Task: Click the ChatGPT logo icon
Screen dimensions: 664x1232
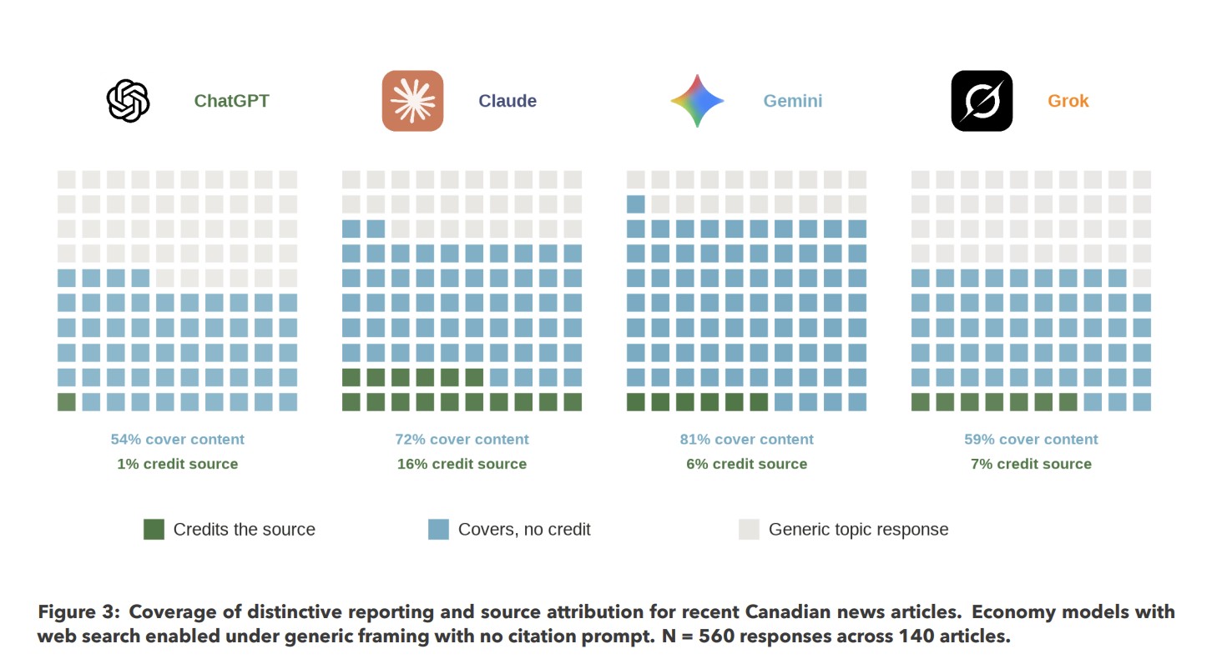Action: pyautogui.click(x=128, y=101)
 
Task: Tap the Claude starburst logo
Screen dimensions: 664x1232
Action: pyautogui.click(x=412, y=101)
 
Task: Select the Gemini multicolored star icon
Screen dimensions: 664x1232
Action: pyautogui.click(x=697, y=101)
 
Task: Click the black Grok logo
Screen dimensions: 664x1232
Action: pyautogui.click(x=982, y=101)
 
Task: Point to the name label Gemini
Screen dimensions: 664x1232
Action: pyautogui.click(x=792, y=101)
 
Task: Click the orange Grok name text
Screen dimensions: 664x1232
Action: pyautogui.click(x=1068, y=101)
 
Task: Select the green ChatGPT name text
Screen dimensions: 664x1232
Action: pyautogui.click(x=231, y=101)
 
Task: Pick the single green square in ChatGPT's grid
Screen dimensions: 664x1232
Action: pyautogui.click(x=67, y=402)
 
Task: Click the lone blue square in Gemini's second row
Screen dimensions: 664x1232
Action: pyautogui.click(x=636, y=204)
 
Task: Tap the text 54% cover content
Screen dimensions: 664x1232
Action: pyautogui.click(x=177, y=440)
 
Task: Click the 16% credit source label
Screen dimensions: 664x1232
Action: pyautogui.click(x=462, y=464)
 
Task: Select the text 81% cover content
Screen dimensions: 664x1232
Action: pyautogui.click(x=746, y=440)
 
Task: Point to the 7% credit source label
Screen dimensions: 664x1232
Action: pyautogui.click(x=1031, y=464)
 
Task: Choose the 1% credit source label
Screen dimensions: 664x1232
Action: pyautogui.click(x=177, y=464)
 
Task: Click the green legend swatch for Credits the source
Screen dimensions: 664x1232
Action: pyautogui.click(x=154, y=529)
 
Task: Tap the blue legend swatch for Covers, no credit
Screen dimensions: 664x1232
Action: pyautogui.click(x=438, y=529)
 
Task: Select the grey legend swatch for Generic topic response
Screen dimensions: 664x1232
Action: pyautogui.click(x=749, y=529)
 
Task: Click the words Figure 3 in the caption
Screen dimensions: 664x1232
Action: pyautogui.click(x=76, y=611)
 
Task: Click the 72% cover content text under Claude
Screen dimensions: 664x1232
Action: pyautogui.click(x=462, y=440)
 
